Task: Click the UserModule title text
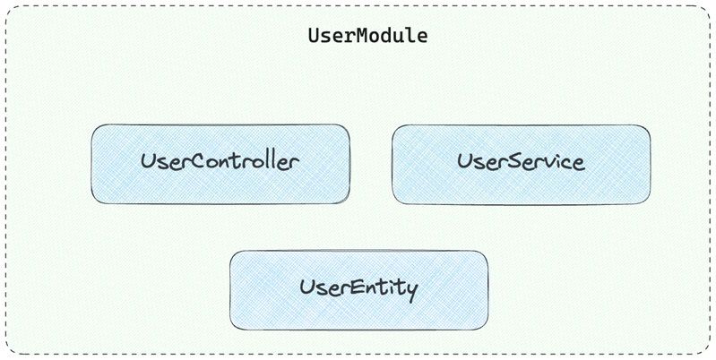pos(367,36)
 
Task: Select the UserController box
pos(220,164)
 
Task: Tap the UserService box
pos(521,164)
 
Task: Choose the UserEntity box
pos(359,290)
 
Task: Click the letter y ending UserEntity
pos(412,292)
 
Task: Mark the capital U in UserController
pos(148,161)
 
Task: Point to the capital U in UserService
pos(464,161)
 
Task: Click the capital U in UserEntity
pos(306,287)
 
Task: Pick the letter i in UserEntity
pos(393,287)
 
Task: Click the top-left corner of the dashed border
pos(6,6)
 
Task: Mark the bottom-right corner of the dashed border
pos(710,354)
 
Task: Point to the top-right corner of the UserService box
pos(650,125)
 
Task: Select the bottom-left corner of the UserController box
pos(91,203)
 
